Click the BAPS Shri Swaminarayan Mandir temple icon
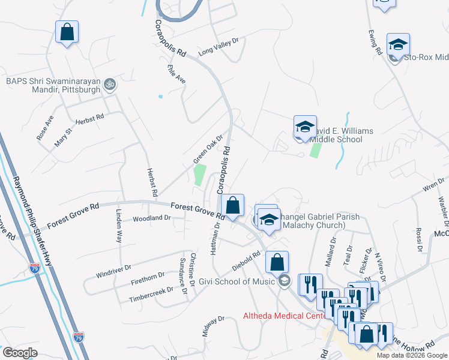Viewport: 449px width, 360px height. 109,85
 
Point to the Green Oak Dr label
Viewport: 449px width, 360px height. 208,149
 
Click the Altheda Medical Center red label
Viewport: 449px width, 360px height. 279,316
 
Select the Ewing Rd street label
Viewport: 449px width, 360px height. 376,43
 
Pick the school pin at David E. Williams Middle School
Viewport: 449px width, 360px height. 304,128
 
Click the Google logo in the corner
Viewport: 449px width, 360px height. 20,353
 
